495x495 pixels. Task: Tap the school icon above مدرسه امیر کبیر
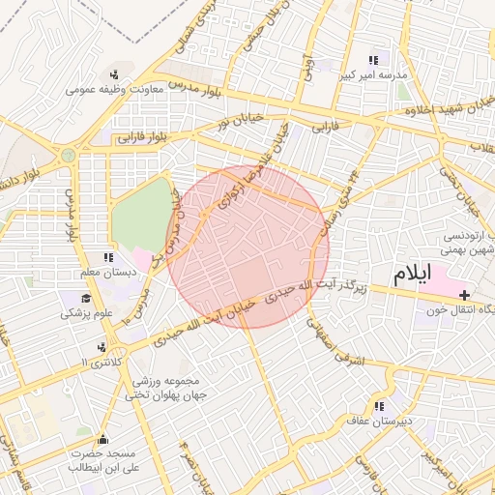[373, 59]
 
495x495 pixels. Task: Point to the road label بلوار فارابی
[143, 136]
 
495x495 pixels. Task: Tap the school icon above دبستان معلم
[107, 257]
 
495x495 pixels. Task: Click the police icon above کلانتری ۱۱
[101, 346]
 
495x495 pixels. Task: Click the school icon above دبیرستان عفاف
[379, 407]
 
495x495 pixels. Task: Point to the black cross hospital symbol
[465, 294]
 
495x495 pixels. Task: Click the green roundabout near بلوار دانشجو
[68, 155]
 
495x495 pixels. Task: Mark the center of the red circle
[247, 247]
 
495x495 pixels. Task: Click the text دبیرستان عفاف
[379, 422]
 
